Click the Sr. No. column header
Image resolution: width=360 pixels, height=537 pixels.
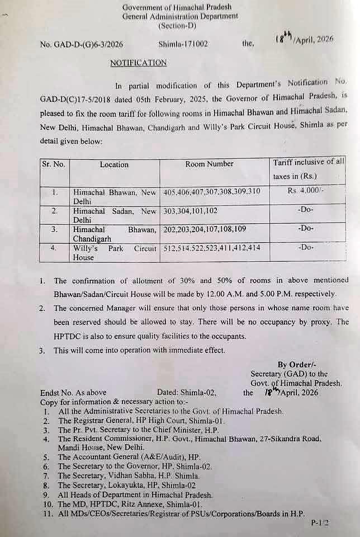tap(54, 164)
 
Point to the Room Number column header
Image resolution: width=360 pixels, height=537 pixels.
tap(209, 164)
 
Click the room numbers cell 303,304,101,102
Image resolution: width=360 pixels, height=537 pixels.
tap(194, 211)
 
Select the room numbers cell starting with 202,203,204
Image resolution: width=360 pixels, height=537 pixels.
tap(204, 229)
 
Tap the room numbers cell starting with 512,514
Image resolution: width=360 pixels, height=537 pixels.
tap(211, 247)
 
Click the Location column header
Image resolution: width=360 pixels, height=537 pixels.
tap(114, 164)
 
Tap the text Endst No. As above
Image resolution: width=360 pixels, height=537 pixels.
tap(73, 393)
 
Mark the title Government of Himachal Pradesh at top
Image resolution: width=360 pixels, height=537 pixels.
tap(179, 7)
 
